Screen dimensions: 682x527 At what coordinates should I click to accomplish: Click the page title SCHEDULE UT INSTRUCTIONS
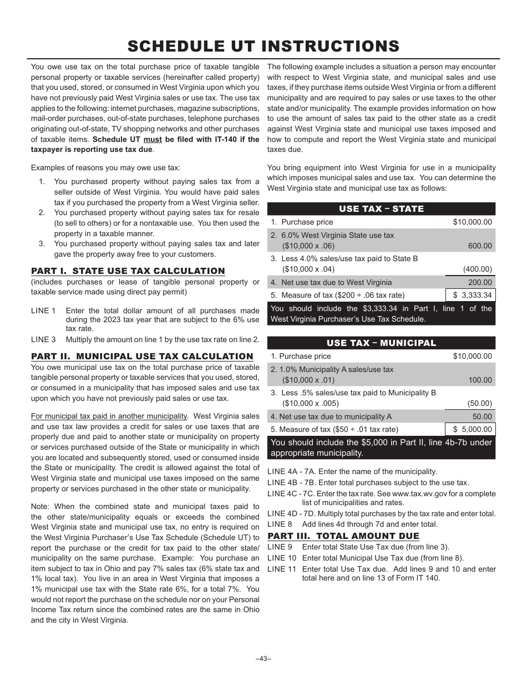263,46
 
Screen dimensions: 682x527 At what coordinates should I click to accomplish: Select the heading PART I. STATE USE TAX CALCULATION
128,271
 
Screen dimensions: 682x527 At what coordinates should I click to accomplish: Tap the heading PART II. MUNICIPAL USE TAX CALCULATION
142,357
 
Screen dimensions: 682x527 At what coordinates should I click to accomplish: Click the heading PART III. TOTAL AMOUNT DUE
343,536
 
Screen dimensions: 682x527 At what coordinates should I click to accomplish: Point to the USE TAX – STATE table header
381,209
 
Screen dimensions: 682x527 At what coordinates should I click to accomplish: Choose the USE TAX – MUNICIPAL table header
381,343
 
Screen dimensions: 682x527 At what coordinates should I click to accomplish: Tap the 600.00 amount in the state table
480,246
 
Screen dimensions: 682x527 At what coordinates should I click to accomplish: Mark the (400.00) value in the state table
478,269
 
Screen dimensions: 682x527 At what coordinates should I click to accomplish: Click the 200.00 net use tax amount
480,282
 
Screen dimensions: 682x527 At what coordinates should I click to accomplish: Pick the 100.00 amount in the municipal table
480,380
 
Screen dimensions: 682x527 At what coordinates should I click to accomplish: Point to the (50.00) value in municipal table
479,403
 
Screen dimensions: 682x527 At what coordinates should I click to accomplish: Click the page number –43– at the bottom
263,658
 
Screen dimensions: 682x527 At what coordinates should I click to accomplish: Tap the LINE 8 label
280,524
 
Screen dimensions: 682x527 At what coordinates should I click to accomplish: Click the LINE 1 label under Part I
43,311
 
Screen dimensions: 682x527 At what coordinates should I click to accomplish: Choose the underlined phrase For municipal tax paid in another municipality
109,416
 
